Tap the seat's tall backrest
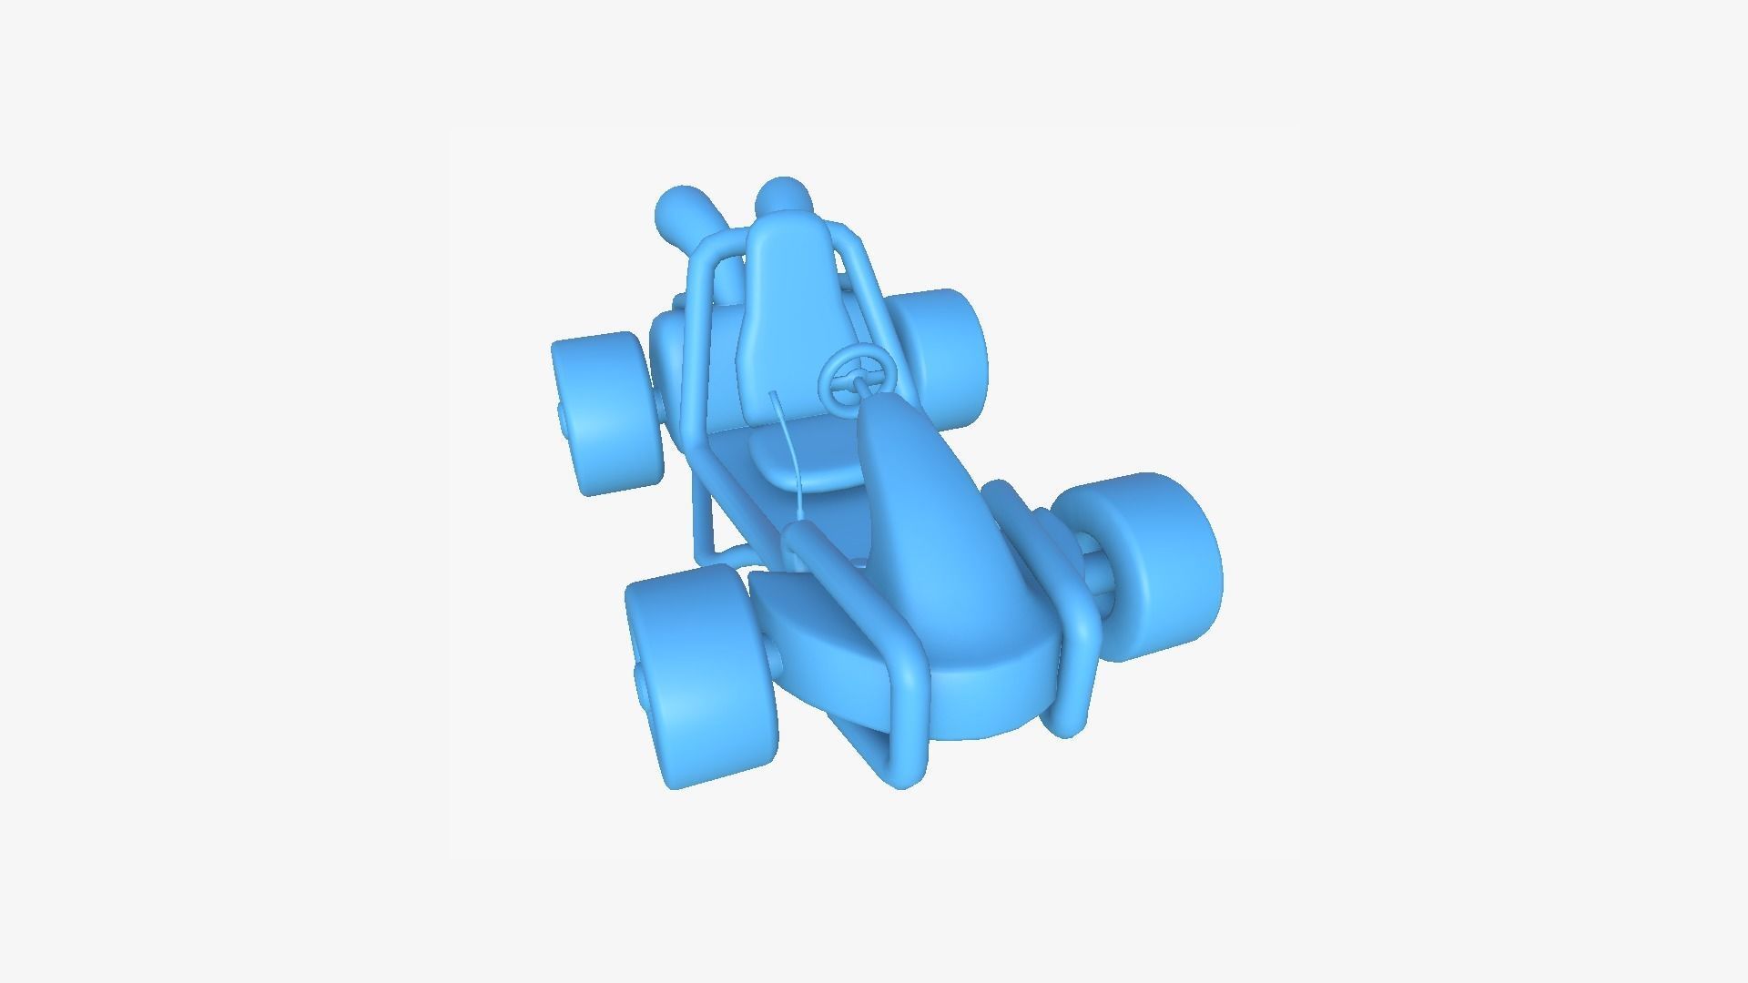[x=785, y=309]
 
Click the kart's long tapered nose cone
[x=910, y=510]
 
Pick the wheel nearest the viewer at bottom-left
[x=701, y=674]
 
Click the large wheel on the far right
[x=1152, y=564]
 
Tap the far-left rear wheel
[x=605, y=414]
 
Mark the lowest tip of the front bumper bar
[x=901, y=778]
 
